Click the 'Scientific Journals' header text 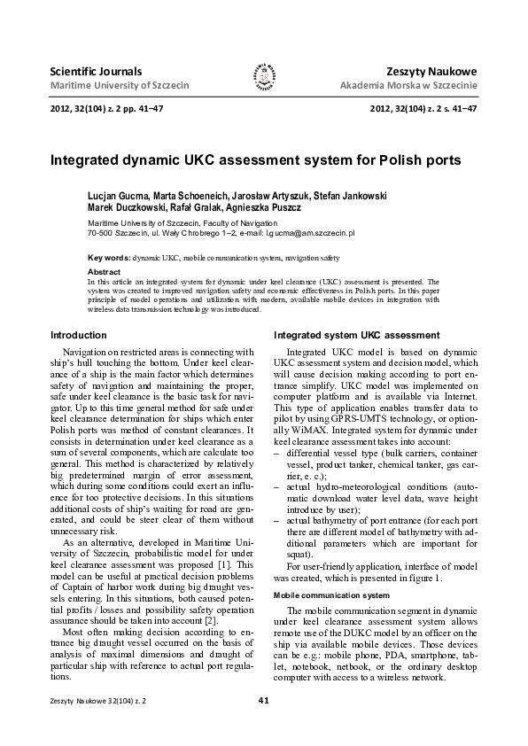[96, 70]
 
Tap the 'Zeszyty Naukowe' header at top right [432, 70]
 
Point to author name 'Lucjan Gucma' [117, 195]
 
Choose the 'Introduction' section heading [79, 335]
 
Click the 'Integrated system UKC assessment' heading [356, 335]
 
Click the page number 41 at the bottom [263, 725]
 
